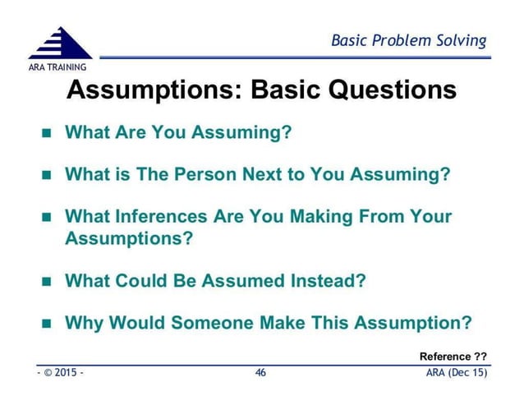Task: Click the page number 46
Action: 261,374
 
